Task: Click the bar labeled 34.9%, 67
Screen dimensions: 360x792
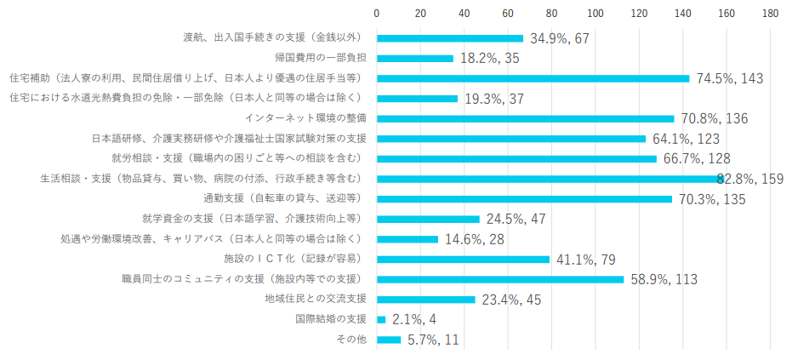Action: (450, 38)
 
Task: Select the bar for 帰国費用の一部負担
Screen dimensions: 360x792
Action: (415, 58)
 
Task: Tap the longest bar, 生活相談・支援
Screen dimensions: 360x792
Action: (550, 179)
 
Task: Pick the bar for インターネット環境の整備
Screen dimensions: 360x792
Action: (525, 118)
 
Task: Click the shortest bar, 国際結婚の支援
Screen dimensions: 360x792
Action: (381, 319)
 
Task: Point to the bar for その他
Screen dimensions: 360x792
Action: (389, 340)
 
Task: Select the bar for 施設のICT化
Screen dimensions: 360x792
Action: (463, 259)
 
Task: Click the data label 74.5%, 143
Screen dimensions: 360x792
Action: (729, 78)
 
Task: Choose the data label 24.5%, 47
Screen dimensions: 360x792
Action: (516, 219)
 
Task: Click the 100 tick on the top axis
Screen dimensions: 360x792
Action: (595, 14)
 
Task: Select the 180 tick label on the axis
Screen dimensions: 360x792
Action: (770, 14)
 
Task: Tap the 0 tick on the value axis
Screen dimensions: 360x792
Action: (377, 14)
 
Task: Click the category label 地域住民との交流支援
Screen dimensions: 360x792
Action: (316, 299)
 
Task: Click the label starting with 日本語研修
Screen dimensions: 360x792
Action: (229, 138)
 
